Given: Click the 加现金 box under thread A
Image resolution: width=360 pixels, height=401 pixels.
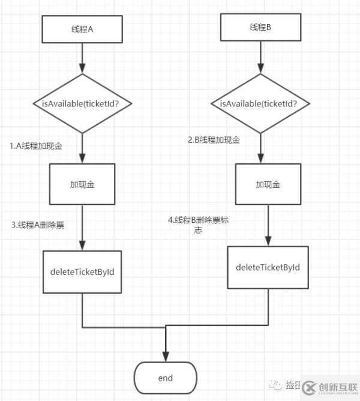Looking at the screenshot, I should [82, 184].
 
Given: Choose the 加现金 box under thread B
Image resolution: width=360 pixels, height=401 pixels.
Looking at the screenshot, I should [268, 184].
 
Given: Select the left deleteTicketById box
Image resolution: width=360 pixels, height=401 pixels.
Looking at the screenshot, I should [82, 271].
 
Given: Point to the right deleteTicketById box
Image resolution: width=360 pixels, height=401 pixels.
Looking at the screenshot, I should [268, 267].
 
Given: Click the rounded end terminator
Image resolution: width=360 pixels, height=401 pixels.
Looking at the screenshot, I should [165, 378].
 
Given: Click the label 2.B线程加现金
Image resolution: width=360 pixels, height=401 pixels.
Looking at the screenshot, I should [214, 140].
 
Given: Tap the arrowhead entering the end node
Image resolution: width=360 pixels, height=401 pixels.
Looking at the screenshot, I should [165, 355].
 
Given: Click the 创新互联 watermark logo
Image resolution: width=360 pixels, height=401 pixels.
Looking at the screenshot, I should [331, 386].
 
